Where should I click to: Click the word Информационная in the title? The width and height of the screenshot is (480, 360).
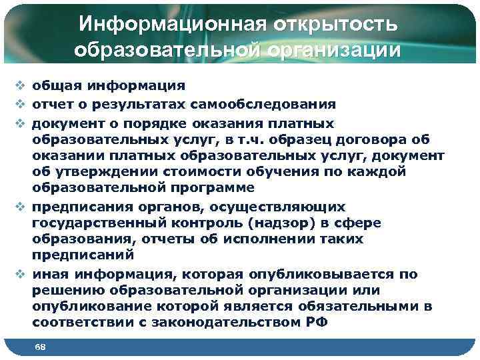(170, 24)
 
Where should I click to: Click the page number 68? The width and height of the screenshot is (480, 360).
(40, 347)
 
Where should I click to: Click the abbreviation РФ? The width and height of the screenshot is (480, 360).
(315, 323)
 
